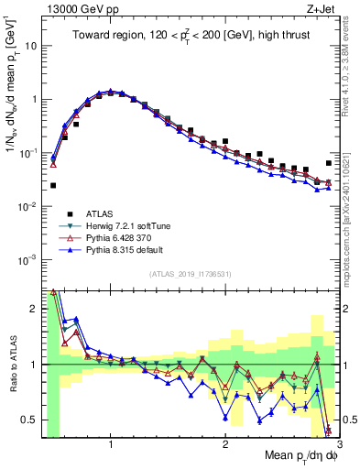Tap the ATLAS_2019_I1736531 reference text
coord(191,274)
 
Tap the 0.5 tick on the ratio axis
coord(30,420)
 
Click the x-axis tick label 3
coord(340,442)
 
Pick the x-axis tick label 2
coord(225,442)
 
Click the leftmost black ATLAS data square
coord(53,185)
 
